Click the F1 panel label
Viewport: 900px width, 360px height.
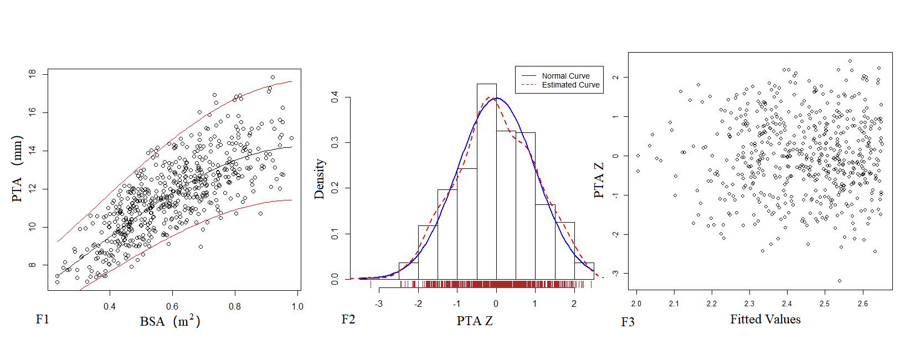click(x=43, y=320)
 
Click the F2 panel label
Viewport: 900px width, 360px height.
click(x=348, y=320)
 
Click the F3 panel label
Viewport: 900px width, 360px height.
click(x=628, y=322)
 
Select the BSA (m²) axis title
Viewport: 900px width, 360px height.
click(x=169, y=321)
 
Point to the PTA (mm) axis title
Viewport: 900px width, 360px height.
click(x=17, y=168)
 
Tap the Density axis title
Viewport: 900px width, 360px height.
click(x=320, y=179)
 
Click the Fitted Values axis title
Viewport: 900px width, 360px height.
click(x=765, y=320)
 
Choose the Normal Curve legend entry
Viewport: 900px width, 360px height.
click(x=565, y=76)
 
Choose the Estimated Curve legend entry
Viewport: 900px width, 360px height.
click(x=570, y=85)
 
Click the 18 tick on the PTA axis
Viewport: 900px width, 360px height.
click(x=32, y=74)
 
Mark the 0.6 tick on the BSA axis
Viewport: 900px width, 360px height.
click(x=172, y=306)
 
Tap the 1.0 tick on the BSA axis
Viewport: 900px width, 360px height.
click(x=297, y=306)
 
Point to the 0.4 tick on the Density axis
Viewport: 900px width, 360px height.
click(x=335, y=97)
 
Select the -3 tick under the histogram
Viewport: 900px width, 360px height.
click(x=379, y=304)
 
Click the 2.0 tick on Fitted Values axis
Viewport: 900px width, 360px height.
click(x=636, y=304)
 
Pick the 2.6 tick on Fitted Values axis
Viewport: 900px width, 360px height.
click(x=862, y=304)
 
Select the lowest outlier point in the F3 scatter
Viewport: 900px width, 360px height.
click(x=840, y=281)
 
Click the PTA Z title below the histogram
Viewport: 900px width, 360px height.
click(x=475, y=321)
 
